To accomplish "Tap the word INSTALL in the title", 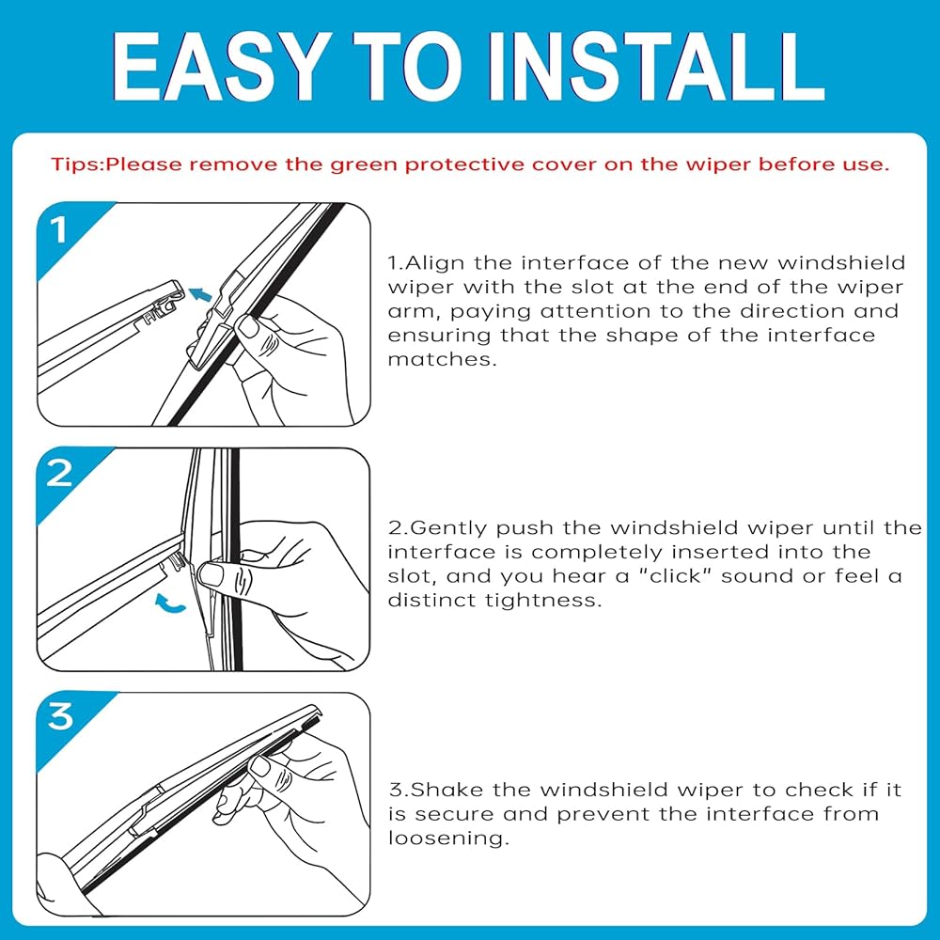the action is pos(657,67).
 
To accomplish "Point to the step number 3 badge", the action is pos(60,716).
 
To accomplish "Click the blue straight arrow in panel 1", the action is pos(200,294).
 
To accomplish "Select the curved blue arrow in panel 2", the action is pos(169,604).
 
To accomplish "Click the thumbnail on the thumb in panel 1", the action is pos(247,326).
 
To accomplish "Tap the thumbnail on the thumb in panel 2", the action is pos(211,575).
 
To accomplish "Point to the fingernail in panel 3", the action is pos(260,765).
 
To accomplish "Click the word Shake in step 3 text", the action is pos(447,790).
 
